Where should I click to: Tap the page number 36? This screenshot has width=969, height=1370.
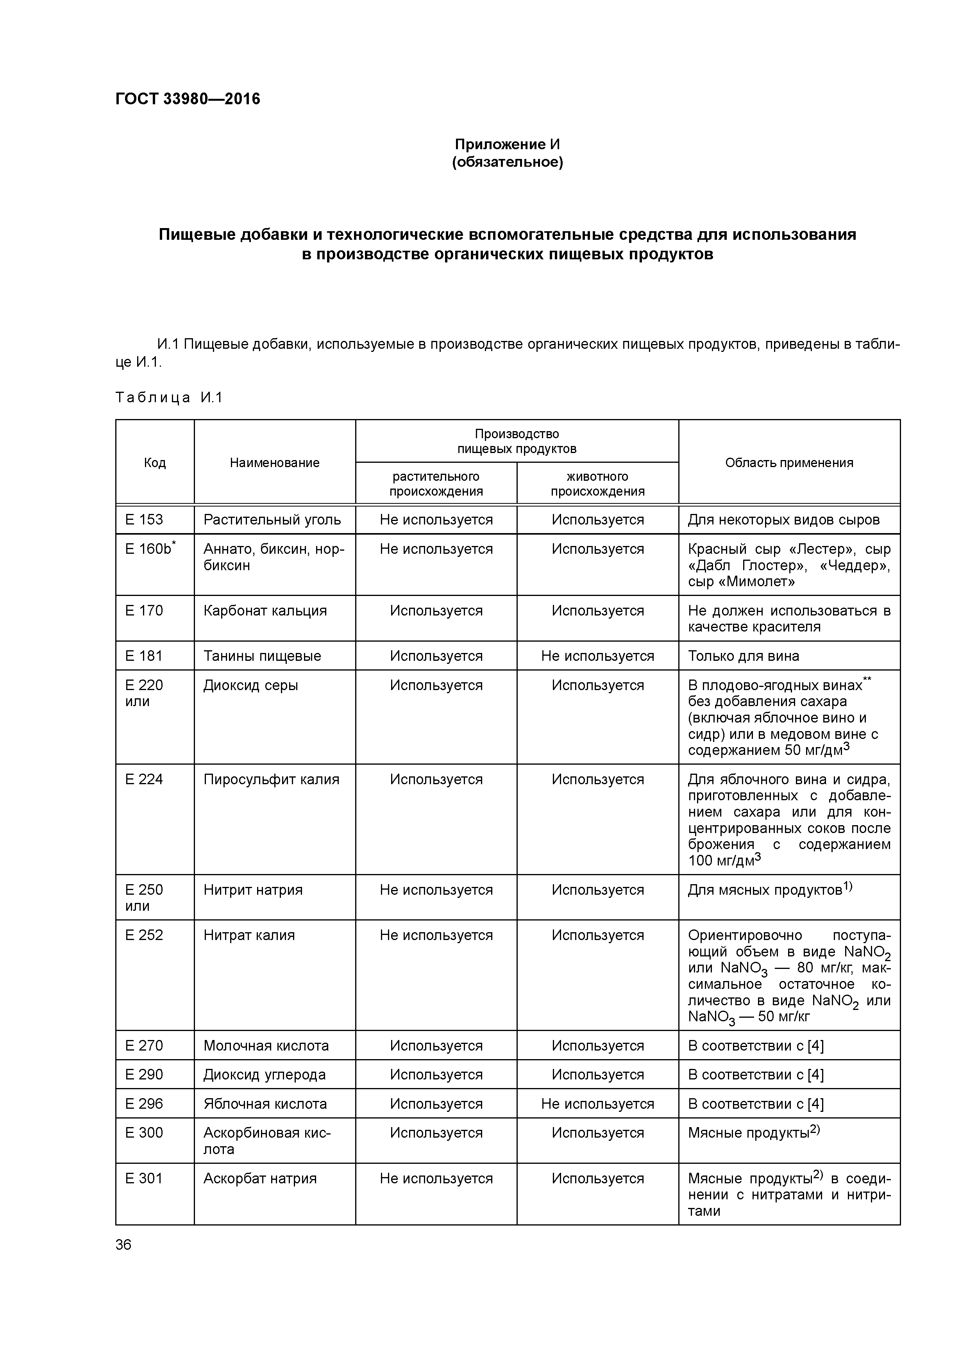123,1245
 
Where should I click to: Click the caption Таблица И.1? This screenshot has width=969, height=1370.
168,398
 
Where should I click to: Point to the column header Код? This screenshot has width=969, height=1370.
155,462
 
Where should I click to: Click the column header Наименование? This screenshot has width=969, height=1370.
275,462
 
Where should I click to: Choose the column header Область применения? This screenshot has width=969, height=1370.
789,462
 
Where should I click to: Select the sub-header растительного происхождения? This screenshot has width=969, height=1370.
436,484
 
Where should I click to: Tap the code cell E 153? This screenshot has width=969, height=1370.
144,520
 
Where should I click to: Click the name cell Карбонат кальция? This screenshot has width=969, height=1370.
265,610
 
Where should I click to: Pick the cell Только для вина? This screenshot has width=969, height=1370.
743,656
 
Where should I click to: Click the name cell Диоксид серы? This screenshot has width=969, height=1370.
251,685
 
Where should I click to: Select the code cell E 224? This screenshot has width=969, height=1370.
144,779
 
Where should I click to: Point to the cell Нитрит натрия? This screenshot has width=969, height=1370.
253,890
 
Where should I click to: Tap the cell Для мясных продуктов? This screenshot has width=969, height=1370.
769,890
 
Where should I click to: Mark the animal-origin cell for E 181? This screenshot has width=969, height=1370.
597,656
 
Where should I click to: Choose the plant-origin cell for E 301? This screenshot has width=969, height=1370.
436,1179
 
